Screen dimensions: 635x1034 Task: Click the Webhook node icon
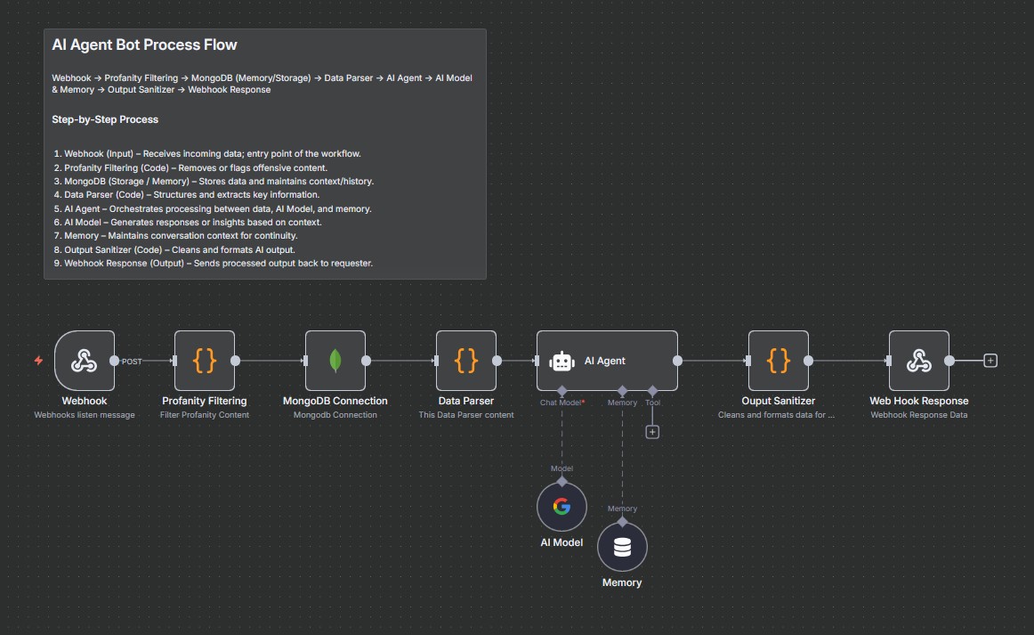tap(85, 361)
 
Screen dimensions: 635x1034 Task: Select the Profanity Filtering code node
tap(205, 361)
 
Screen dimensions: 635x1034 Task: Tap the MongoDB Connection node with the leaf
tap(335, 361)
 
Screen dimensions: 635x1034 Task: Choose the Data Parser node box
tap(466, 361)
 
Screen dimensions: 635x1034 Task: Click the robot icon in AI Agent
tap(561, 361)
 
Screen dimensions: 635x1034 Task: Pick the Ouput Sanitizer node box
tap(779, 361)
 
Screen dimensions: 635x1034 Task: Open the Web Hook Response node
tap(919, 361)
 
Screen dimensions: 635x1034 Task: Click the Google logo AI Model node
tap(561, 507)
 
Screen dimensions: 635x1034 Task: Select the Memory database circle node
tap(622, 547)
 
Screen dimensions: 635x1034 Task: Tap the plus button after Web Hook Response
tap(990, 361)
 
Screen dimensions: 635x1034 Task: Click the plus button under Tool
tap(652, 432)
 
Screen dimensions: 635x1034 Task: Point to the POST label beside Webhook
tap(132, 362)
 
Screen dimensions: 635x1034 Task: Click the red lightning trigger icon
tap(38, 361)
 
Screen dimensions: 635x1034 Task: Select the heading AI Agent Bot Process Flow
tap(144, 45)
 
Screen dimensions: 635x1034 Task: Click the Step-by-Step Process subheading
tap(105, 119)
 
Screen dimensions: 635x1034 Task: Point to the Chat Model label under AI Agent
tap(561, 403)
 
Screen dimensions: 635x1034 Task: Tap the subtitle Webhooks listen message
tap(85, 415)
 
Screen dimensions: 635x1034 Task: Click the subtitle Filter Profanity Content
tap(205, 415)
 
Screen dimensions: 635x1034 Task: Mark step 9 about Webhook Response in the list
tap(214, 264)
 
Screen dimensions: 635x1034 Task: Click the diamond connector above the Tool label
tap(652, 391)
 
